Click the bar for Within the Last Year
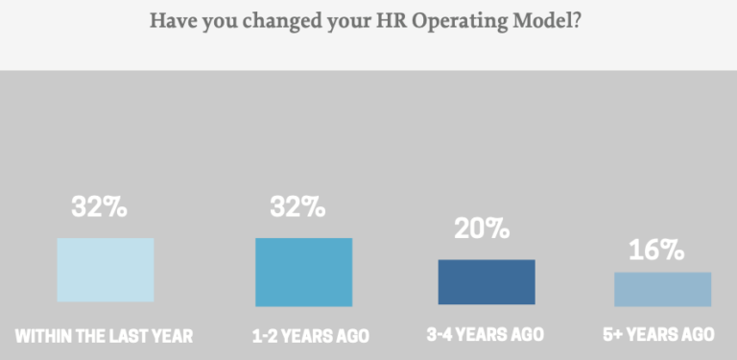pyautogui.click(x=105, y=270)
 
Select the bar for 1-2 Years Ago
pyautogui.click(x=303, y=272)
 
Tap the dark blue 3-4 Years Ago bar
pyautogui.click(x=487, y=281)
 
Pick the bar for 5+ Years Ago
pyautogui.click(x=662, y=288)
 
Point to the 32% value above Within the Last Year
pyautogui.click(x=99, y=206)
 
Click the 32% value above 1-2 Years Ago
pyautogui.click(x=297, y=206)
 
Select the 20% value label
pyautogui.click(x=481, y=228)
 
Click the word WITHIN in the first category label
pyautogui.click(x=43, y=336)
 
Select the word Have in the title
pyautogui.click(x=172, y=20)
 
